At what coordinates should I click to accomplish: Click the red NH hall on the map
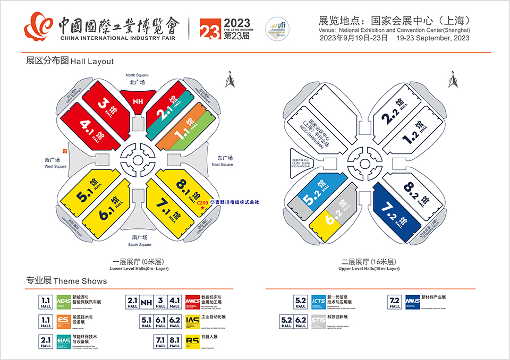(138, 101)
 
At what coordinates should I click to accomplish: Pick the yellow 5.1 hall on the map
(86, 192)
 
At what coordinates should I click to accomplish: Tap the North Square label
(138, 79)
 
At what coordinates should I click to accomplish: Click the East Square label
(222, 161)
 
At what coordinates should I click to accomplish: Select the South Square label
(140, 241)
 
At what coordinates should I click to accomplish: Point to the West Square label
(55, 162)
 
